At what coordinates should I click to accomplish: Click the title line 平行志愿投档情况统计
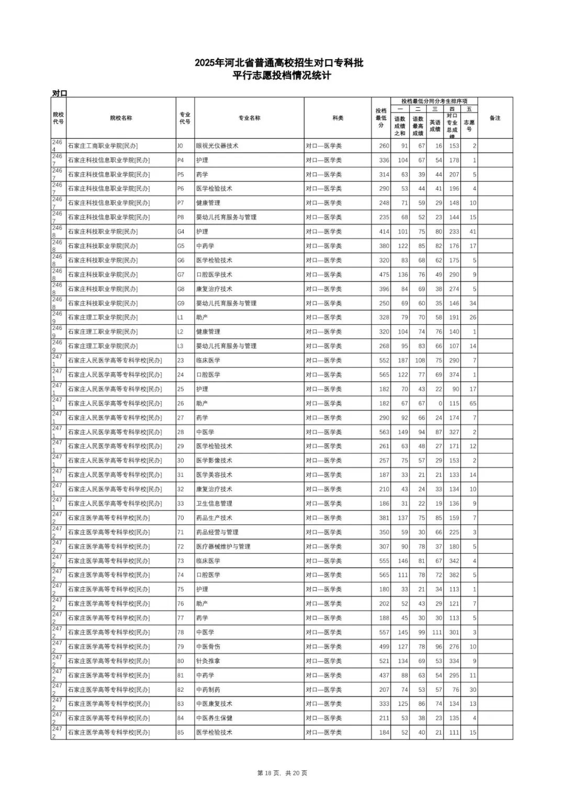(x=282, y=76)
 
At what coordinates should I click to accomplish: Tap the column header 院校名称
(x=121, y=118)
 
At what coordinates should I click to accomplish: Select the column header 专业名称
(x=249, y=118)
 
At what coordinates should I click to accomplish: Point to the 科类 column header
(x=337, y=118)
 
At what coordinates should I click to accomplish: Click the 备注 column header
(x=495, y=118)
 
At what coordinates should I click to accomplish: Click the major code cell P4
(x=180, y=161)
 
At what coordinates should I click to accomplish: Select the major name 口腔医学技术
(x=214, y=275)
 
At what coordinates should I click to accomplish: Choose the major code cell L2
(x=180, y=332)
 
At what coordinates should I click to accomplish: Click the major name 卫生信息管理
(x=214, y=504)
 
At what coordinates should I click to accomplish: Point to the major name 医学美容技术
(x=214, y=475)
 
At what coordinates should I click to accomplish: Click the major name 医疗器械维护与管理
(x=223, y=546)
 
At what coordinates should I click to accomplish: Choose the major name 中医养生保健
(x=214, y=718)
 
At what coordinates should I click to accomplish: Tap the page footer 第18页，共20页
(x=282, y=773)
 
